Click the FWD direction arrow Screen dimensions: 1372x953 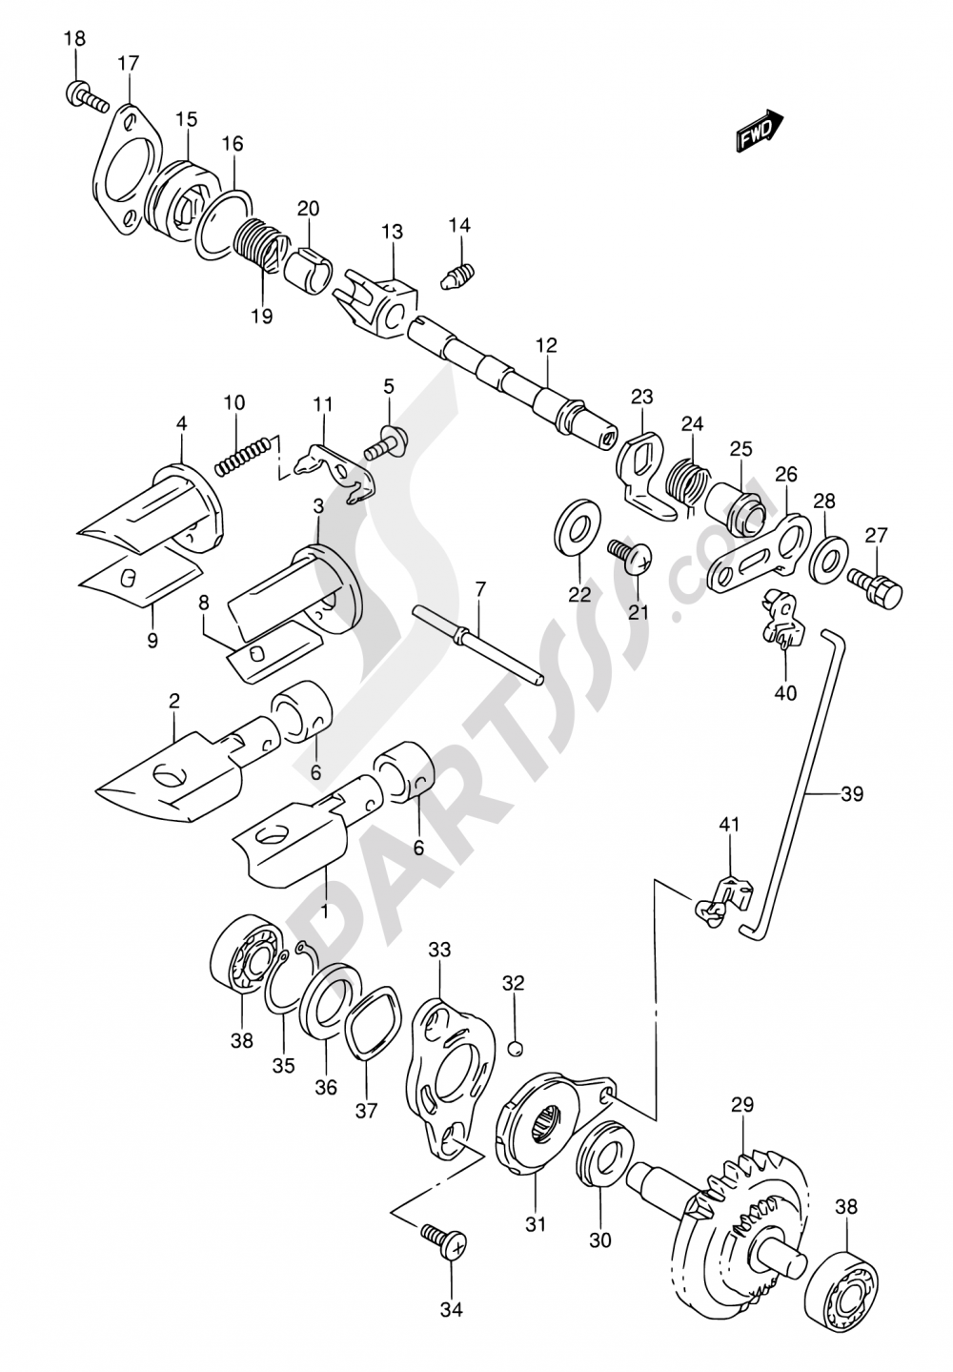760,132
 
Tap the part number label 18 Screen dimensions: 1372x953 74,39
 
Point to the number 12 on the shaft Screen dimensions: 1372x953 546,344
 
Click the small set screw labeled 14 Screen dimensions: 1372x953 459,276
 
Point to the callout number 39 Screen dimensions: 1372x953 851,793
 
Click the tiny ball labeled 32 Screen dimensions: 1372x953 515,1049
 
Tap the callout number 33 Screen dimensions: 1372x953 439,950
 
